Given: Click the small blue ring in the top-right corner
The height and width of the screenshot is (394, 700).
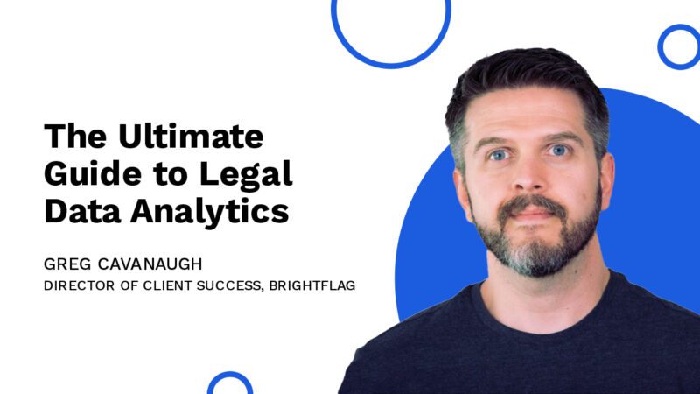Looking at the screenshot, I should pyautogui.click(x=678, y=46).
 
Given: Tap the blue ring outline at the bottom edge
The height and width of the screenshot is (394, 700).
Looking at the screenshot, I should pyautogui.click(x=230, y=384).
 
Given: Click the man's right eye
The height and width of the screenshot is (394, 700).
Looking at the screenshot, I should pyautogui.click(x=497, y=154).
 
